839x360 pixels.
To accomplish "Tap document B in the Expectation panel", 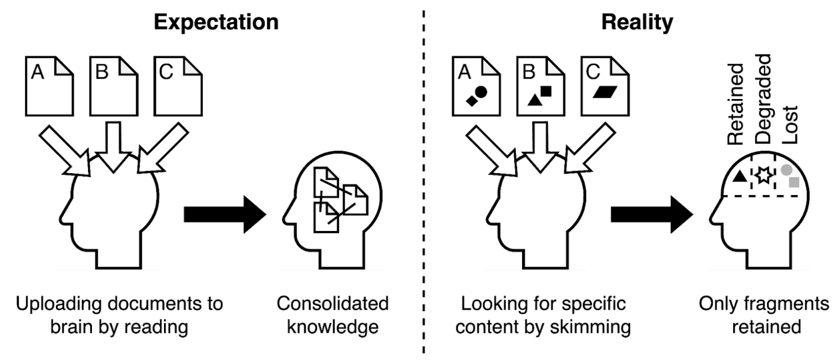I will pyautogui.click(x=113, y=86).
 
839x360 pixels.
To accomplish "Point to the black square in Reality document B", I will pyautogui.click(x=546, y=91).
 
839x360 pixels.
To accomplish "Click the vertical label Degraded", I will pyautogui.click(x=764, y=99).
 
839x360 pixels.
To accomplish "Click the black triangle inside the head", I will pyautogui.click(x=739, y=177).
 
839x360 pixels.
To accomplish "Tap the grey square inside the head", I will pyautogui.click(x=794, y=181).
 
